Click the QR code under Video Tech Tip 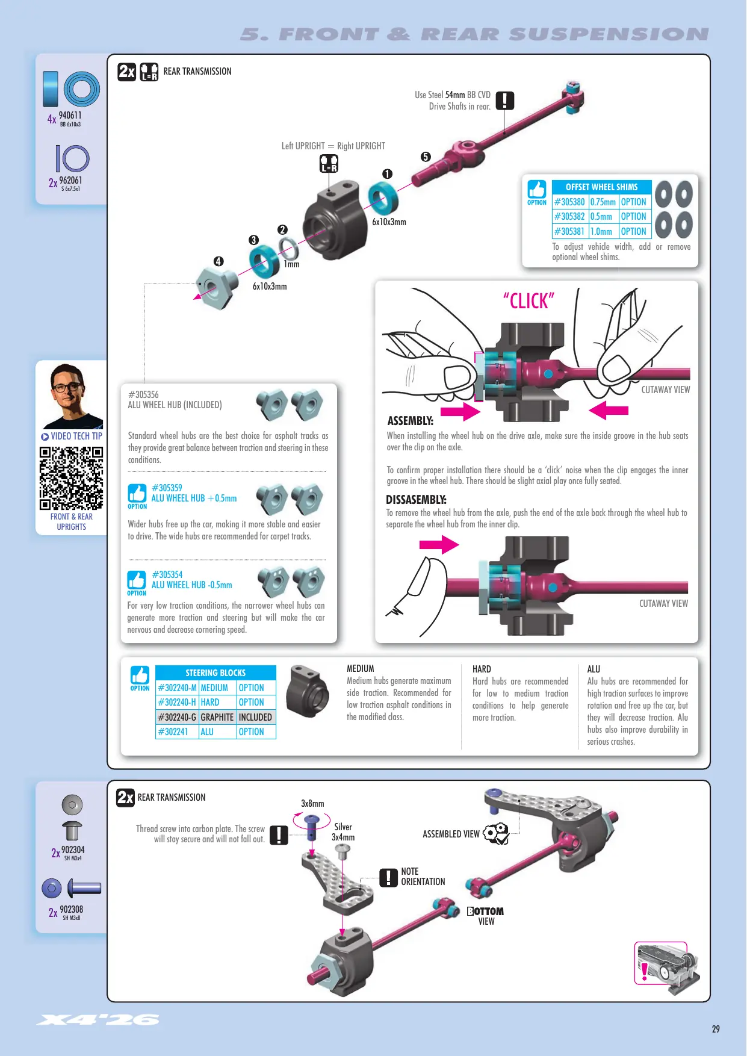point(72,478)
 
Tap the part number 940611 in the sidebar point(70,115)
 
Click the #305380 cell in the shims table point(569,202)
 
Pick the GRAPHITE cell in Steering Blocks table point(217,717)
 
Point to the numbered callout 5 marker point(426,157)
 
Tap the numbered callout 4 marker point(219,261)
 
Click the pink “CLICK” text point(528,300)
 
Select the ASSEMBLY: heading point(411,421)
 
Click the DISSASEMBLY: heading point(416,500)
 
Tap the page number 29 point(716,1029)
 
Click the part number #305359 point(167,488)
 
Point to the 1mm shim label point(291,264)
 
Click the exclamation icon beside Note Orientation point(388,877)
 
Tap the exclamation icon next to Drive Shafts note point(505,101)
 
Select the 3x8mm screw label point(312,803)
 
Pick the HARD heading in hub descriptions point(482,669)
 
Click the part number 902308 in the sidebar point(71,909)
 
